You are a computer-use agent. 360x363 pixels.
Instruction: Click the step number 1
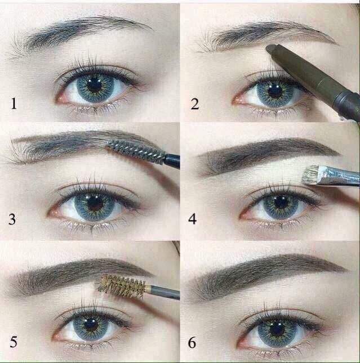click(14, 103)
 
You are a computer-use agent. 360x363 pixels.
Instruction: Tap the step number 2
click(195, 103)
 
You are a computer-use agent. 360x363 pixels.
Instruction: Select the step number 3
click(12, 219)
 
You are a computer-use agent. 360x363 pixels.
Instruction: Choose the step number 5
click(12, 342)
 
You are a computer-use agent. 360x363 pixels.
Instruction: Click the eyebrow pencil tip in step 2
click(271, 49)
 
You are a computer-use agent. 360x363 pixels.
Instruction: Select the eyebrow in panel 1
click(85, 30)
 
